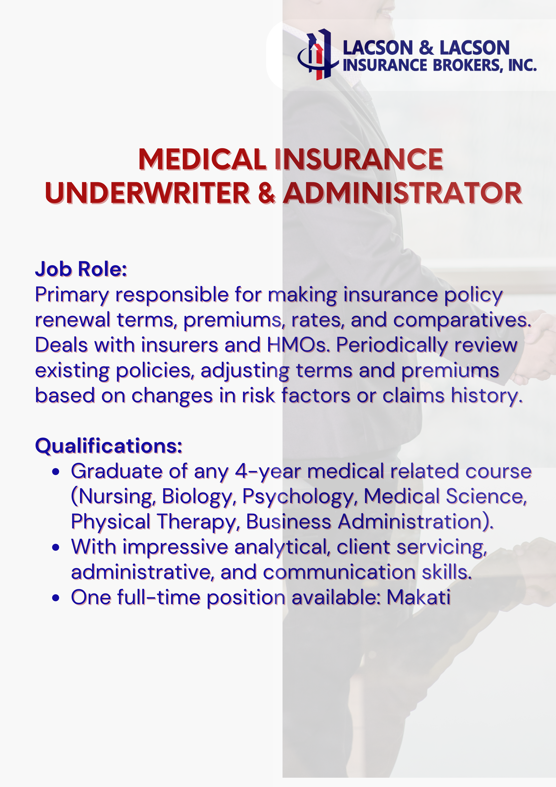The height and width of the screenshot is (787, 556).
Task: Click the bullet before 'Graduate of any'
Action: pos(56,472)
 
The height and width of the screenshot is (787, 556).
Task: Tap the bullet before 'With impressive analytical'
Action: pos(56,548)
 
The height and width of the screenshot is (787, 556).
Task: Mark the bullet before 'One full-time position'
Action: pos(56,598)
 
